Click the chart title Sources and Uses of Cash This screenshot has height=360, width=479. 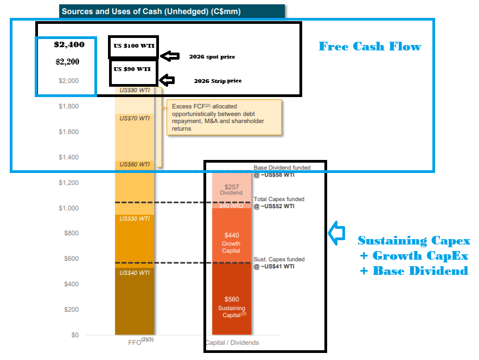pyautogui.click(x=151, y=11)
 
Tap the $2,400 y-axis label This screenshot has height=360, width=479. pyautogui.click(x=69, y=45)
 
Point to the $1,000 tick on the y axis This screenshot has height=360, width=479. pyautogui.click(x=69, y=208)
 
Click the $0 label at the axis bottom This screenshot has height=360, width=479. pyautogui.click(x=74, y=335)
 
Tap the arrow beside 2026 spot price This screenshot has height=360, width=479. pyautogui.click(x=171, y=56)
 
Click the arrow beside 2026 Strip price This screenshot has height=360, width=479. pyautogui.click(x=168, y=80)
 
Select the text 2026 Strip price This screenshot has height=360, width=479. pyautogui.click(x=218, y=81)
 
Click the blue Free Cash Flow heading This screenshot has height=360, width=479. pyautogui.click(x=370, y=47)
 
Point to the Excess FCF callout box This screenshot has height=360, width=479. pyautogui.click(x=224, y=117)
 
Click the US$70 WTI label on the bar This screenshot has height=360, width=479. pyautogui.click(x=134, y=118)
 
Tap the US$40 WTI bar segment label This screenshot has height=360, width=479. pyautogui.click(x=134, y=273)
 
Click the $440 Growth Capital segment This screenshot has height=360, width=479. pyautogui.click(x=232, y=239)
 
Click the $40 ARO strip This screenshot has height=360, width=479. pyautogui.click(x=232, y=205)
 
